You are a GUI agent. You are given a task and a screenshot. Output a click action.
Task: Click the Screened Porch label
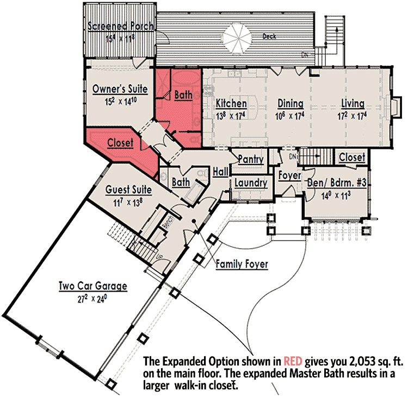point(120,26)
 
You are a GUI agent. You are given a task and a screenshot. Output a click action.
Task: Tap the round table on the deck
point(238,38)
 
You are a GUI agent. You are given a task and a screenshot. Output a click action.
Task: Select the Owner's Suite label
point(120,89)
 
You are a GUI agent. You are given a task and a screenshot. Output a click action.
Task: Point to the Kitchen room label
point(231,103)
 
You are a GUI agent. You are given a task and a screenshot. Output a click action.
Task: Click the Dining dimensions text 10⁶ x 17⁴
point(289,116)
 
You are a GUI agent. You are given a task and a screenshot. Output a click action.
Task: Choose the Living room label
point(353,103)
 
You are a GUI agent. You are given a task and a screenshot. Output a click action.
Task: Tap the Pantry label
point(251,159)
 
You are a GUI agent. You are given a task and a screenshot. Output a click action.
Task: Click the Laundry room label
point(251,182)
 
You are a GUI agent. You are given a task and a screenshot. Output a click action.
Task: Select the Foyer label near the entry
point(289,175)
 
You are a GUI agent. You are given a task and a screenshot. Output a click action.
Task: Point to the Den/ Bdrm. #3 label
point(337,182)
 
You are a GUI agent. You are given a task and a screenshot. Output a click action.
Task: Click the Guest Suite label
point(128,190)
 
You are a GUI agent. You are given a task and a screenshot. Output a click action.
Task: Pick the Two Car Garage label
point(93,286)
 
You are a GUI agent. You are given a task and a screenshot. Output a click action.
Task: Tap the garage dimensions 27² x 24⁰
point(92,299)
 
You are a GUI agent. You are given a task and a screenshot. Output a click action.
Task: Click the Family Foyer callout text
point(242,264)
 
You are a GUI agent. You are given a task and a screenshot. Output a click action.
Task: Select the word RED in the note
point(293,361)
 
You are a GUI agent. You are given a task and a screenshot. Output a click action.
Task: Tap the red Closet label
point(120,143)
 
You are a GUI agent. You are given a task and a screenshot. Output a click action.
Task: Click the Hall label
point(221,172)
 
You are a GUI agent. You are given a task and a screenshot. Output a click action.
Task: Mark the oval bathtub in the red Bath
point(186,78)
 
